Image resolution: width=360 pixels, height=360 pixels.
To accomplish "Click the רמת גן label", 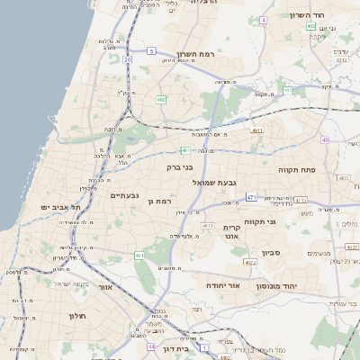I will (x=159, y=202).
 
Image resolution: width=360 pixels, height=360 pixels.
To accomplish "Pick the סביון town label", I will (x=272, y=253).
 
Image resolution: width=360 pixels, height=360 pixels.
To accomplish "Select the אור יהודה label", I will (x=220, y=284).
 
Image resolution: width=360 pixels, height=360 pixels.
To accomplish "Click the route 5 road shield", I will (x=152, y=51).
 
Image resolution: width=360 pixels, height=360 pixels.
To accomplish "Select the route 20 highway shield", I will (x=128, y=59).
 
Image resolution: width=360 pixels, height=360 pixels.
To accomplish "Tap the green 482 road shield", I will (x=160, y=99).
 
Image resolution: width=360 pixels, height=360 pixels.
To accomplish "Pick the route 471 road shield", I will (x=252, y=197).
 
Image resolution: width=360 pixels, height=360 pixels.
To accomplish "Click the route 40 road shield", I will (x=324, y=140).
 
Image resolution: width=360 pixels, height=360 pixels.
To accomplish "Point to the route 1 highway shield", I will (x=204, y=346).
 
